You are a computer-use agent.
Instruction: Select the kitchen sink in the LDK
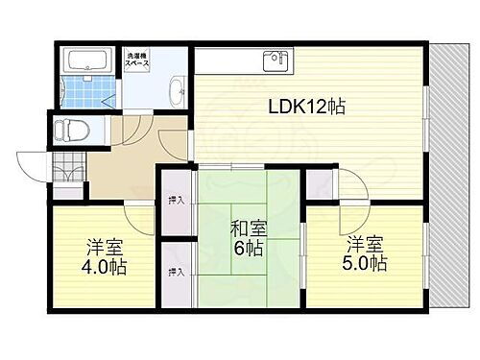(x=275, y=60)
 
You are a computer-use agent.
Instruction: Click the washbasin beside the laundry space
(x=178, y=93)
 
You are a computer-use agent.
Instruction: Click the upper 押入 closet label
(x=177, y=201)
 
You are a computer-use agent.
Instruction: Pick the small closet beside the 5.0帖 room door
(x=320, y=183)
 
